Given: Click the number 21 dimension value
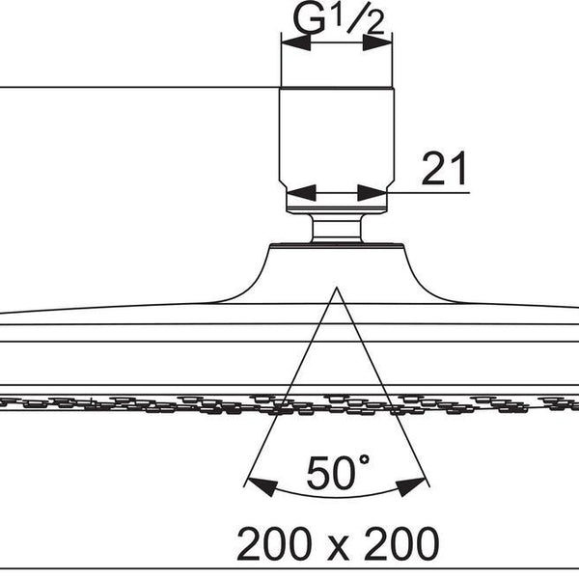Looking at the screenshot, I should pos(443,169).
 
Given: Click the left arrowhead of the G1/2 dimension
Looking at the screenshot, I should pos(292,41).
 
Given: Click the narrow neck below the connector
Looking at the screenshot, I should pos(337,230).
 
